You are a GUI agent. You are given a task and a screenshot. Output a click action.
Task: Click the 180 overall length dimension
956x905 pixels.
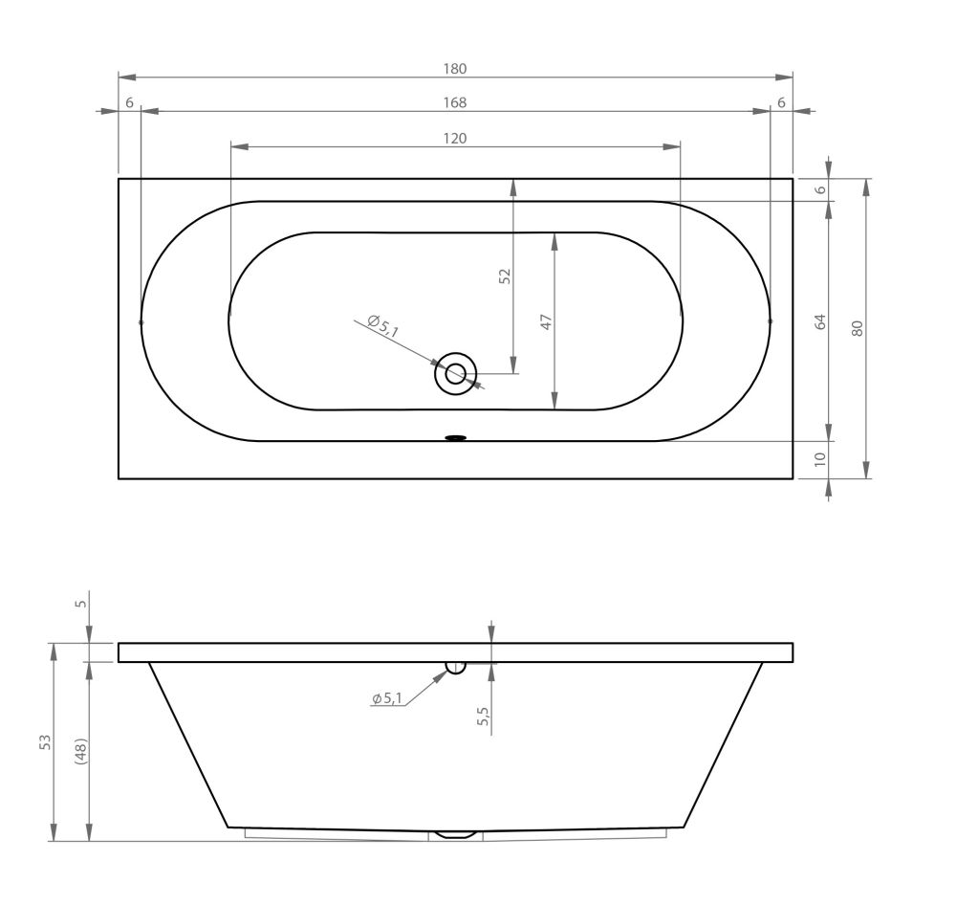coord(455,69)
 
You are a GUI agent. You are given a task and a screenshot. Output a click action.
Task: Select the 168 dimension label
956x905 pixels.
coord(455,102)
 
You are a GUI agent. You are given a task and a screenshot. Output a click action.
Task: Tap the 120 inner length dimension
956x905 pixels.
coord(455,139)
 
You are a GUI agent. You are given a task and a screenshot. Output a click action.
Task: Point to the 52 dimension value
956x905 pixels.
coord(505,276)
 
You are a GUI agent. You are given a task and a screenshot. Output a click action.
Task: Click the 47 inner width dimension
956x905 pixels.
coord(546,321)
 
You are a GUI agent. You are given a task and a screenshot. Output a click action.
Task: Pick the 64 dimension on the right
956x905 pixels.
coord(820,321)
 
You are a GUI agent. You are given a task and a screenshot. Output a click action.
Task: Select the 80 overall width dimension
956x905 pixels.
coord(858,329)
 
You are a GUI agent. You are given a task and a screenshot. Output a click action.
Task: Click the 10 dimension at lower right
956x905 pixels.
coord(820,458)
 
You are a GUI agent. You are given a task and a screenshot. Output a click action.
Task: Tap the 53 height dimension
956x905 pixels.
coord(46,742)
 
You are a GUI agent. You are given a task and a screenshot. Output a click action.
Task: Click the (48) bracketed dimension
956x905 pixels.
coord(81,751)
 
